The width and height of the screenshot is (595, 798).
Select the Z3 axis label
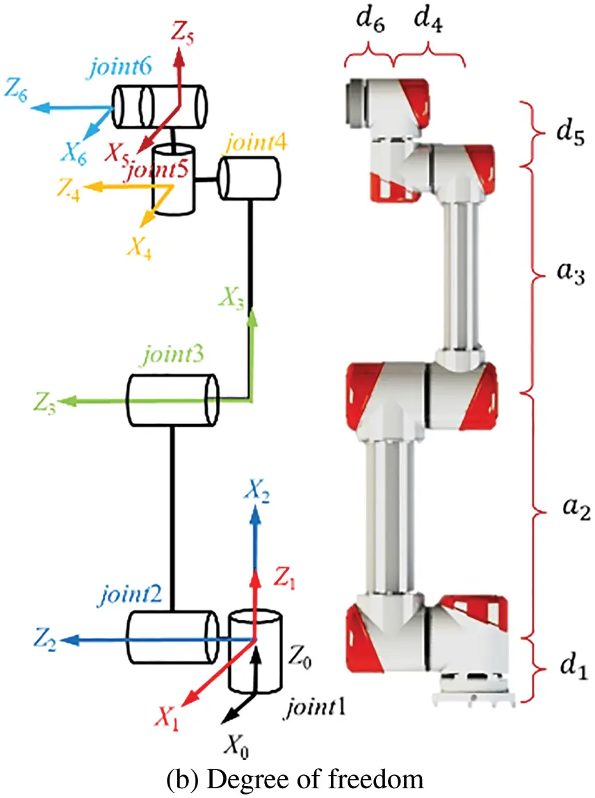click(44, 402)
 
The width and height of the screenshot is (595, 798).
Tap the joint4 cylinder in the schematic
click(249, 178)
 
